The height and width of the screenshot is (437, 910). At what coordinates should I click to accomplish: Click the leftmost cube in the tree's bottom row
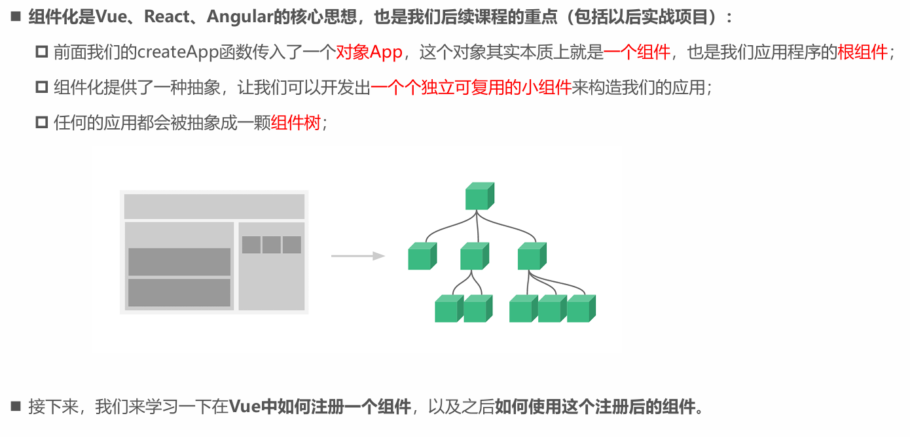pyautogui.click(x=449, y=309)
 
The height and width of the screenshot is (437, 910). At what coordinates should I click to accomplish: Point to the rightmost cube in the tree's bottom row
pyautogui.click(x=581, y=309)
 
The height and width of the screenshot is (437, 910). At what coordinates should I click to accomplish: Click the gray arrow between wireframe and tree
pyautogui.click(x=357, y=256)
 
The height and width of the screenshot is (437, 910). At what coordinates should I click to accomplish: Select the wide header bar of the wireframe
pyautogui.click(x=214, y=206)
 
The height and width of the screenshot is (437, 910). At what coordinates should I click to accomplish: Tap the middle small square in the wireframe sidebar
pyautogui.click(x=272, y=245)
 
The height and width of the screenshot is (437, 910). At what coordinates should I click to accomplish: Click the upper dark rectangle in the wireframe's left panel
pyautogui.click(x=179, y=262)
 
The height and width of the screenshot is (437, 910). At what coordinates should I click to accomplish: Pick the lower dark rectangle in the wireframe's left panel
pyautogui.click(x=179, y=292)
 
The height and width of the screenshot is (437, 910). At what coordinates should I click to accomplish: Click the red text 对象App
pyautogui.click(x=369, y=52)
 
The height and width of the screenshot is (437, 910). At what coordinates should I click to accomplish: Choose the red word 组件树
pyautogui.click(x=296, y=122)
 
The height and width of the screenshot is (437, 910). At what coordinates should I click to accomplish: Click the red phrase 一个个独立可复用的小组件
pyautogui.click(x=471, y=88)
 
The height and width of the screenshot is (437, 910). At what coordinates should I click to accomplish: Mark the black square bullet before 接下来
pyautogui.click(x=16, y=406)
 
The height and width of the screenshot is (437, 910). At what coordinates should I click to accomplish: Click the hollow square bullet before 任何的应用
pyautogui.click(x=42, y=122)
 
